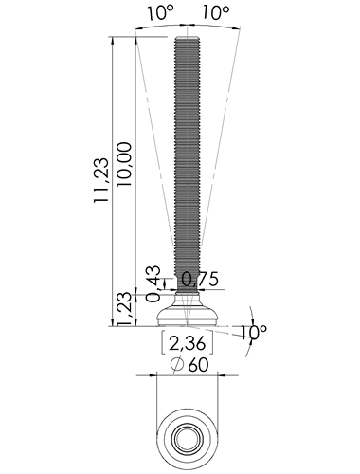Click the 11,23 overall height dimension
click(x=101, y=180)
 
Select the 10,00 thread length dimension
click(x=124, y=164)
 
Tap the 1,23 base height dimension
click(x=124, y=309)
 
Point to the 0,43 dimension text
click(x=153, y=284)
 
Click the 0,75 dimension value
click(x=200, y=279)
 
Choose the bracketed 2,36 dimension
click(x=188, y=343)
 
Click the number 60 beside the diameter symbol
click(x=198, y=365)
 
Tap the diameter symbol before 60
click(x=177, y=365)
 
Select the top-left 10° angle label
click(x=160, y=13)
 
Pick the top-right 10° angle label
click(x=216, y=13)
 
